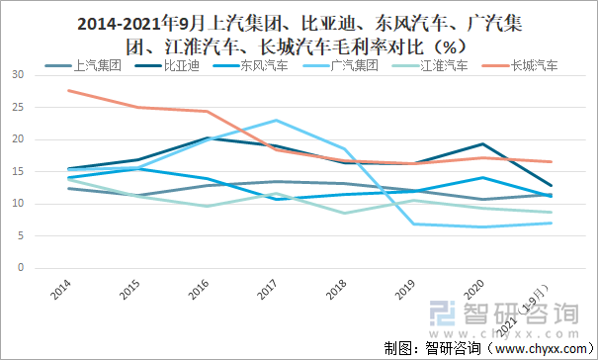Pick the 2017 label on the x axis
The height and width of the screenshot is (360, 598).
[268, 291]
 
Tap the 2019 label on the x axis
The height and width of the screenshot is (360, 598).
[405, 291]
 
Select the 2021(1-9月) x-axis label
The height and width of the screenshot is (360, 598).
[534, 302]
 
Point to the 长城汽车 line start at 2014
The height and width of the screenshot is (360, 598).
[69, 91]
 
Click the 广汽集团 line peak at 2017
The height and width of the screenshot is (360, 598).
[276, 121]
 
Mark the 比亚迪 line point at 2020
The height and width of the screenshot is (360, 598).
[481, 144]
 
